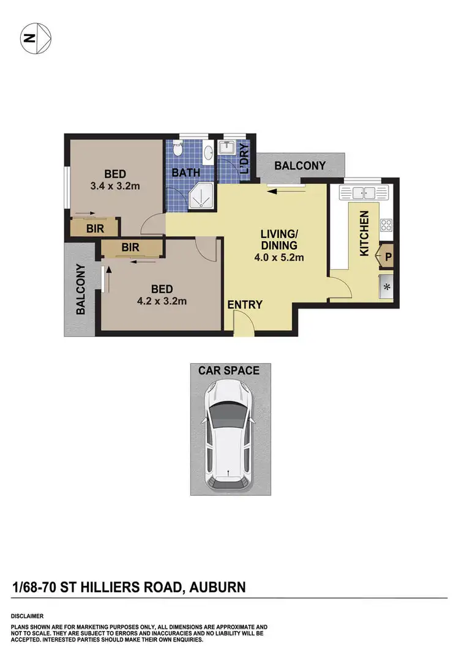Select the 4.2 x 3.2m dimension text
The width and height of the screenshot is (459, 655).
tap(162, 301)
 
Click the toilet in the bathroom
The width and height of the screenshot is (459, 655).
tap(178, 149)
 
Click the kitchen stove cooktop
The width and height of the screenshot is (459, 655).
tap(386, 225)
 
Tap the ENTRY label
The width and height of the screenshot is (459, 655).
tap(245, 305)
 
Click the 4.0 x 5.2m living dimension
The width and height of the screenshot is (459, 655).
tap(279, 258)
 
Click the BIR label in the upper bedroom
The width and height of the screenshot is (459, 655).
tap(94, 228)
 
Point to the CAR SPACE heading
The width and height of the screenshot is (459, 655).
tap(229, 370)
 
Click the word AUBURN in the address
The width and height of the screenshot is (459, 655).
tap(218, 588)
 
